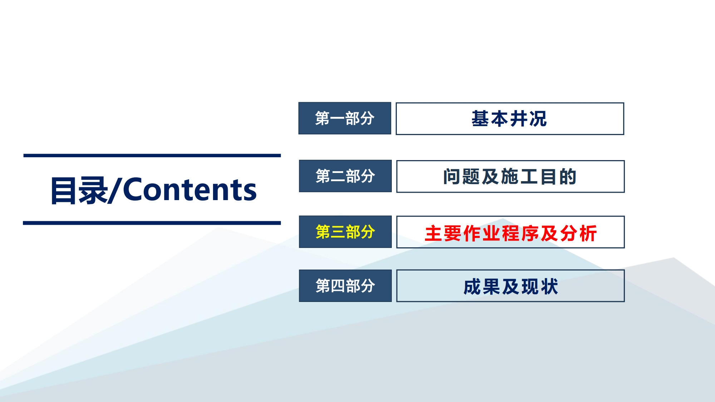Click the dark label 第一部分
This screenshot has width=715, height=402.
pyautogui.click(x=345, y=118)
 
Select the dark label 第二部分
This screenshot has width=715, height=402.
pyautogui.click(x=345, y=176)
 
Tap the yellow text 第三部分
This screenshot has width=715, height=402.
pyautogui.click(x=345, y=232)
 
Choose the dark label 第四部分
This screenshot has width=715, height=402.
pyautogui.click(x=345, y=286)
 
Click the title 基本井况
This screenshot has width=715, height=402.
pyautogui.click(x=509, y=119)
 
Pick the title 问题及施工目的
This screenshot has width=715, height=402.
pyautogui.click(x=510, y=177)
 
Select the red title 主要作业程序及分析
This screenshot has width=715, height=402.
pyautogui.click(x=511, y=233)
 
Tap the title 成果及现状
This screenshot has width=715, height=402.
pyautogui.click(x=511, y=287)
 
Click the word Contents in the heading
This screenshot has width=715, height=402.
pyautogui.click(x=190, y=189)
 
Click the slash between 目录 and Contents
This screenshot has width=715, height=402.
pyautogui.click(x=115, y=190)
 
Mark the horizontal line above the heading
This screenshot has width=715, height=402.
pyautogui.click(x=152, y=155)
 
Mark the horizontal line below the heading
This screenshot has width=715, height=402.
pyautogui.click(x=152, y=223)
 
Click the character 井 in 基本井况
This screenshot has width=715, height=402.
pyautogui.click(x=519, y=119)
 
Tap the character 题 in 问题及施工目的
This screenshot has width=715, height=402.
pyautogui.click(x=471, y=177)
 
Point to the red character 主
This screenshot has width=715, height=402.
pyautogui.click(x=434, y=233)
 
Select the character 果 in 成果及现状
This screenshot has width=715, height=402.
pyautogui.click(x=491, y=287)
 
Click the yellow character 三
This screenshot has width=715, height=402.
pyautogui.click(x=338, y=232)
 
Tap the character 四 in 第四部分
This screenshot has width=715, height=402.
pyautogui.click(x=338, y=286)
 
